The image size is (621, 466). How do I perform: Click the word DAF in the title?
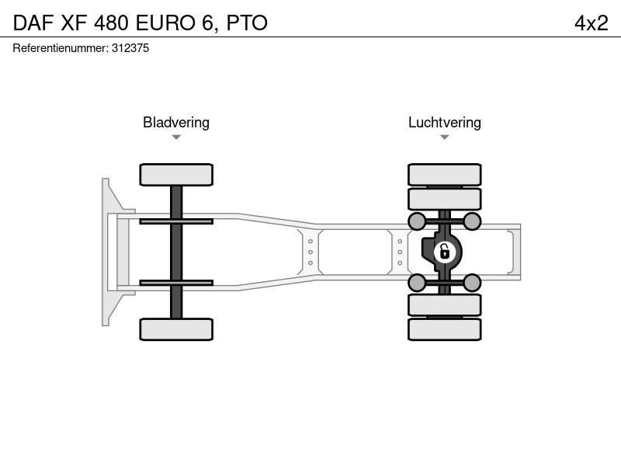click(33, 23)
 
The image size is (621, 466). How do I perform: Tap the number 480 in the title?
click(111, 23)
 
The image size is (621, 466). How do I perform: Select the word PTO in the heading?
click(247, 23)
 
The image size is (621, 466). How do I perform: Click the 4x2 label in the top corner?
click(592, 23)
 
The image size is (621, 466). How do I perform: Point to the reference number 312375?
click(130, 48)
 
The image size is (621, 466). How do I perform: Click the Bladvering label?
click(176, 123)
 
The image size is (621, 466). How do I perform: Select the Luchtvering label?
click(445, 123)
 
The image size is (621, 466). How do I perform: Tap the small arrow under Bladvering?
click(176, 137)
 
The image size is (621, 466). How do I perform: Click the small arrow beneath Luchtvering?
click(444, 137)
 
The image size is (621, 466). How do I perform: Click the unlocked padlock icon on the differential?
click(444, 252)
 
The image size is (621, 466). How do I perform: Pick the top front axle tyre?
click(176, 175)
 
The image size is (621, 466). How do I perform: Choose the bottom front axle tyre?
click(176, 329)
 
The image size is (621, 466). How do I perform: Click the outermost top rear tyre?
click(444, 175)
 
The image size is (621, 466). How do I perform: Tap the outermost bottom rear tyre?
click(444, 329)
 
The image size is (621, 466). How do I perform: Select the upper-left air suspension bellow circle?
click(417, 221)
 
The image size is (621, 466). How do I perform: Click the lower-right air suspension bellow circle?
click(472, 283)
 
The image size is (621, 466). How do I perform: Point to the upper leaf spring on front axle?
click(176, 221)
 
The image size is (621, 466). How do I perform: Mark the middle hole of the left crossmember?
click(310, 252)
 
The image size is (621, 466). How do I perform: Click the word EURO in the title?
click(165, 23)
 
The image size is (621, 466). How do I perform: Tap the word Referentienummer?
click(61, 48)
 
